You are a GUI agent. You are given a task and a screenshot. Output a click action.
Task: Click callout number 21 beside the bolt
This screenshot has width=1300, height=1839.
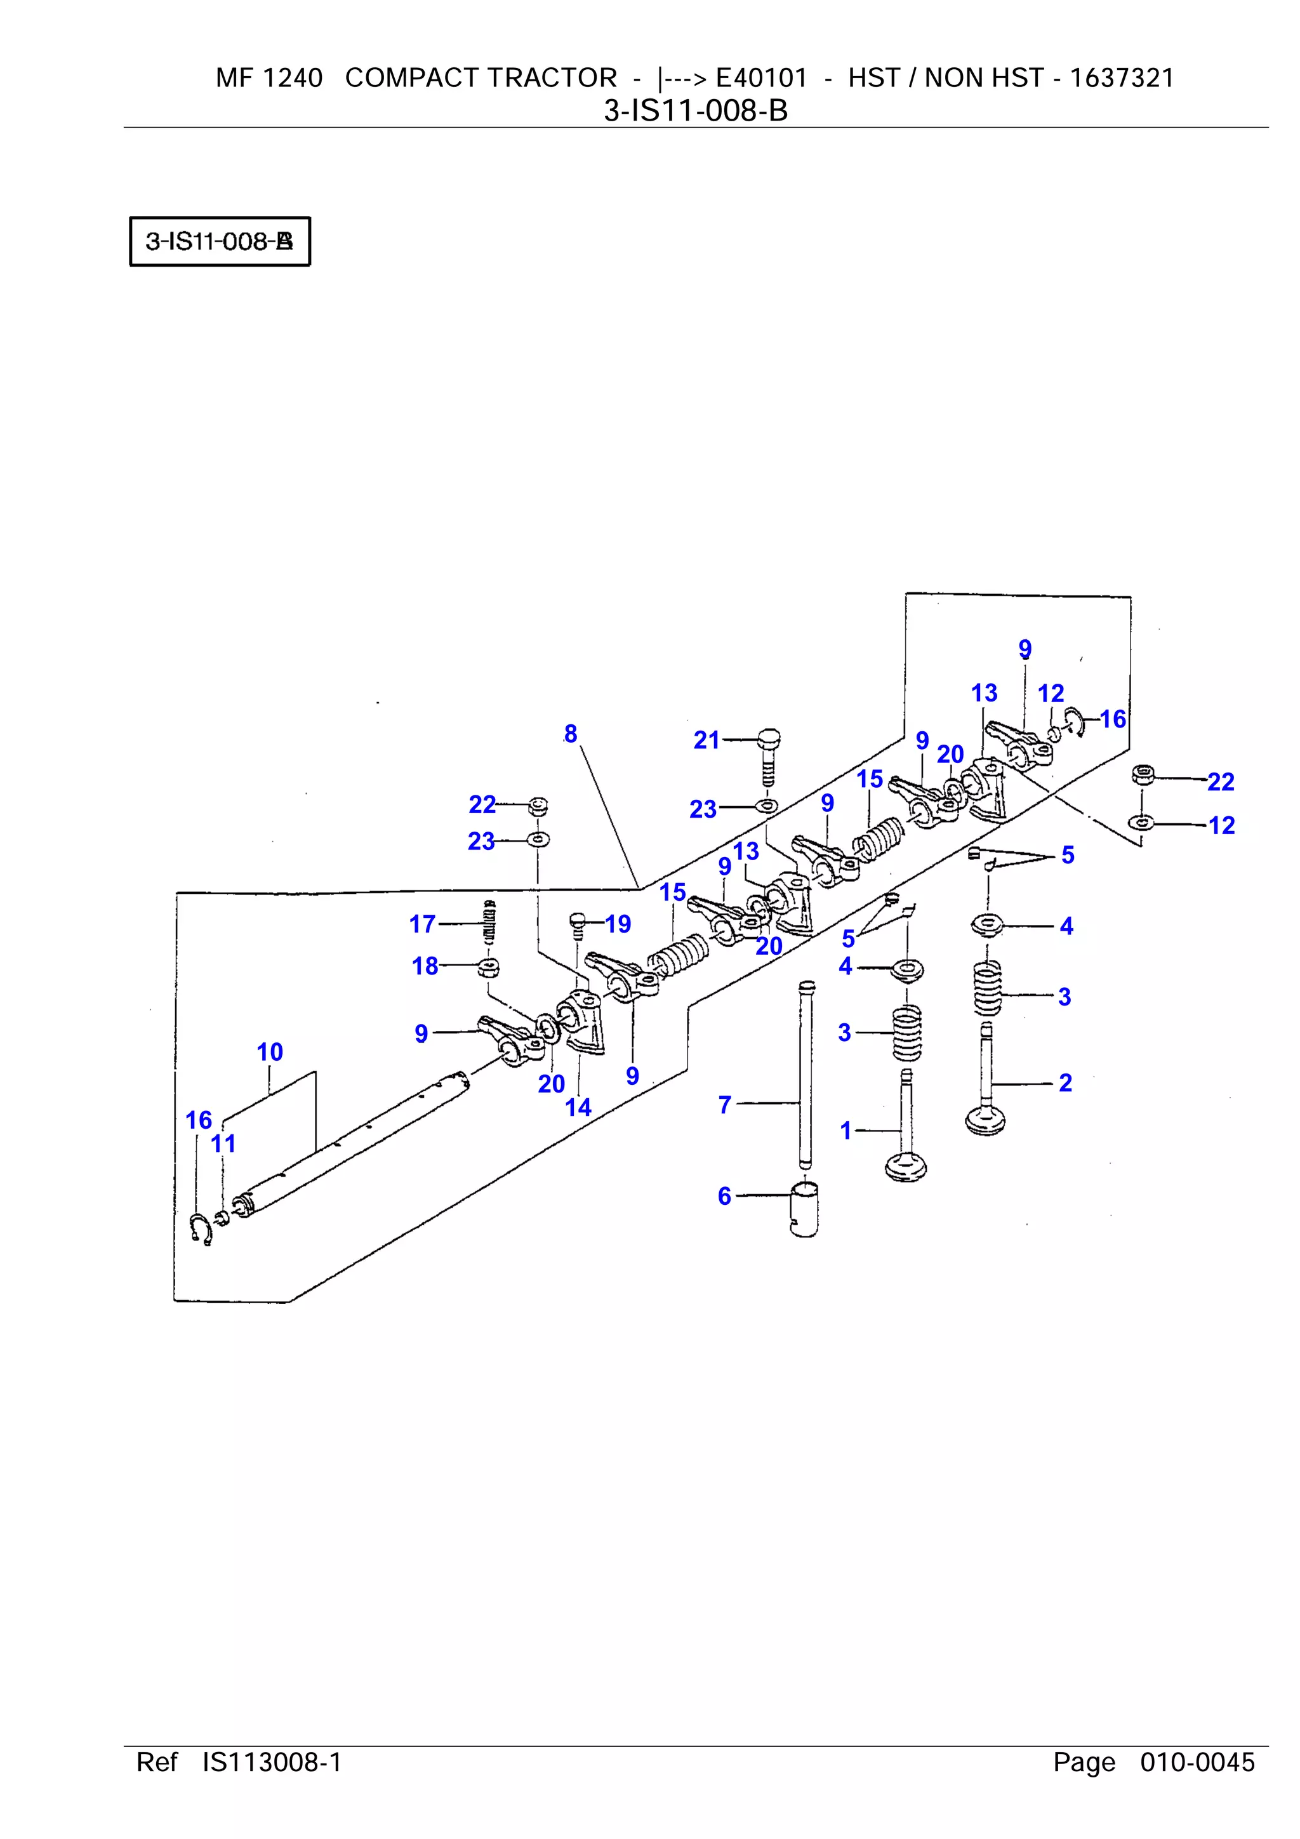(x=706, y=740)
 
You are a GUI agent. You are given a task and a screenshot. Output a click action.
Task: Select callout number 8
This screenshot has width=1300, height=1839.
(x=570, y=734)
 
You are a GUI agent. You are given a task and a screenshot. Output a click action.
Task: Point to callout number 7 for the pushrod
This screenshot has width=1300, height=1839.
(x=725, y=1105)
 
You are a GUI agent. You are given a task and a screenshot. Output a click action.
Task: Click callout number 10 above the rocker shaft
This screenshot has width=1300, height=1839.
(x=270, y=1052)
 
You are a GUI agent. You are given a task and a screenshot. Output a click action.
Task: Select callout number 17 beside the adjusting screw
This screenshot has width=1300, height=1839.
(x=422, y=924)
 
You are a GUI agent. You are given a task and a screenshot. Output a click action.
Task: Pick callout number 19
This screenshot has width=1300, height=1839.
(x=618, y=924)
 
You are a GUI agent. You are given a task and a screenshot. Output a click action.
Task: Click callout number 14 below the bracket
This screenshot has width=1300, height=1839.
(x=578, y=1107)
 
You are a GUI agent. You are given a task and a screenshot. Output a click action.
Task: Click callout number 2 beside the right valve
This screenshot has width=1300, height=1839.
(x=1065, y=1083)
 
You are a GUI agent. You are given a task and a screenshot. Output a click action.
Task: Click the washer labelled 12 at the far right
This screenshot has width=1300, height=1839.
(x=1141, y=822)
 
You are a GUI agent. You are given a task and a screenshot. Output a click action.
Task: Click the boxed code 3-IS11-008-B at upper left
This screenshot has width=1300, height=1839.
(x=220, y=241)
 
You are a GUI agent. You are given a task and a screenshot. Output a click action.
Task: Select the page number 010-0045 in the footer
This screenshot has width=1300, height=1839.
(x=1197, y=1762)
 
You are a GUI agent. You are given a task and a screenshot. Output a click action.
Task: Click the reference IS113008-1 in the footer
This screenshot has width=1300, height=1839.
(x=272, y=1762)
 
